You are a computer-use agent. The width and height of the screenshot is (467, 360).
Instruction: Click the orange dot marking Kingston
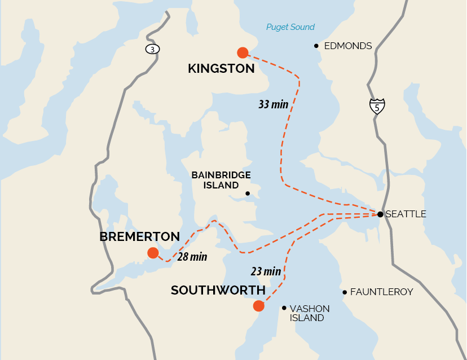coord(243,52)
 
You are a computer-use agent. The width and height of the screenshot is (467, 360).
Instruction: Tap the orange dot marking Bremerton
coord(153,253)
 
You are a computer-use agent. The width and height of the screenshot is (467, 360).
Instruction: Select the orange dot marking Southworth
coord(258,306)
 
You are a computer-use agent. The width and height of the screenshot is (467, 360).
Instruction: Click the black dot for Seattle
coord(381,214)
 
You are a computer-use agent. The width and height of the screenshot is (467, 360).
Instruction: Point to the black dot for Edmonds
coord(316,46)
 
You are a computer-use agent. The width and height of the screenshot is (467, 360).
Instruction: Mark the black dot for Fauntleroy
coord(345,292)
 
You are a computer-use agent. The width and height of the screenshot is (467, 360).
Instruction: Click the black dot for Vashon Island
coord(284,308)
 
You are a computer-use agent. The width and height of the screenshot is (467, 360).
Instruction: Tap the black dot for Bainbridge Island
coord(247,194)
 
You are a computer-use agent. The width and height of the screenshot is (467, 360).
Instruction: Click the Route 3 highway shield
coord(152,49)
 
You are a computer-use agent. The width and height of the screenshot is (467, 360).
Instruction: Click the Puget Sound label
coord(290,27)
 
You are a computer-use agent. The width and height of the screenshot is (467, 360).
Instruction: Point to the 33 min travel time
coord(273,104)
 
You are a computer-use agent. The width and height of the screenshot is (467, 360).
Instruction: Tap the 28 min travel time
coord(192,257)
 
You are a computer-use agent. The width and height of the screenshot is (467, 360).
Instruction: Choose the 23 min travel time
coord(266,271)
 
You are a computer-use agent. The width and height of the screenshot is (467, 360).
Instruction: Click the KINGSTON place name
coord(221,69)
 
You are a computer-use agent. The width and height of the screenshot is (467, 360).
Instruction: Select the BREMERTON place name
coord(139,236)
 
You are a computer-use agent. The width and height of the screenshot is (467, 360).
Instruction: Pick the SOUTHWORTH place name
coord(218,290)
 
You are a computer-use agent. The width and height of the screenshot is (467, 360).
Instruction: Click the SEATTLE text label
coord(406,214)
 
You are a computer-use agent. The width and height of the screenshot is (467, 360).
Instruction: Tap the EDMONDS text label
coord(348,46)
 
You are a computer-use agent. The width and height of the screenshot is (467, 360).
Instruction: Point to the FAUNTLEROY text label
coord(382,292)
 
